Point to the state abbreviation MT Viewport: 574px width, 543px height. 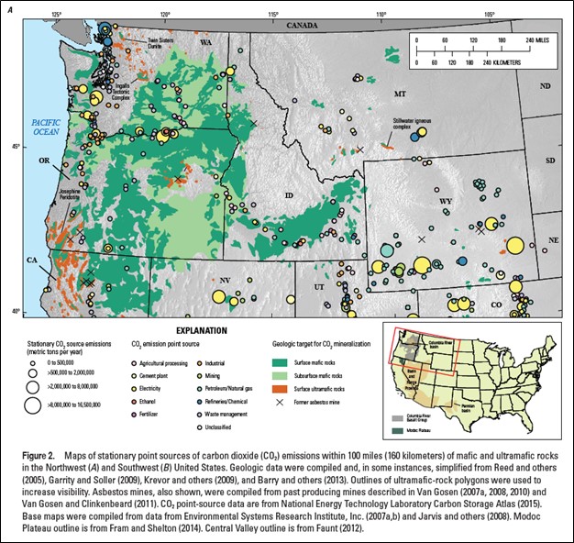399,94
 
